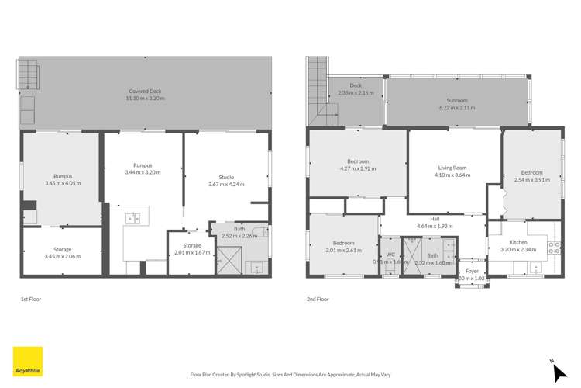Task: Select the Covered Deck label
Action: (144, 91)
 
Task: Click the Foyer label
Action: (473, 271)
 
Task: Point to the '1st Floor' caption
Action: (31, 297)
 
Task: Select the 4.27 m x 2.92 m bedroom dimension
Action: (357, 168)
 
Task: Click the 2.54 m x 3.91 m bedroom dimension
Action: (531, 180)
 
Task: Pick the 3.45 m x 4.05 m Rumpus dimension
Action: (62, 183)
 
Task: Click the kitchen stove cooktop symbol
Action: (555, 248)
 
